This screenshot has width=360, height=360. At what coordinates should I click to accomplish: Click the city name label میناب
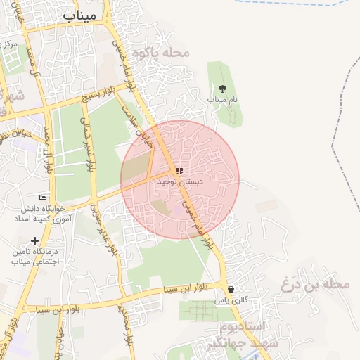click(79, 15)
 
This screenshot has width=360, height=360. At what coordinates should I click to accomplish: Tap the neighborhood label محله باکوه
click(167, 53)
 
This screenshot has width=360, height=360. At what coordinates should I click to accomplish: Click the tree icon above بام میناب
click(223, 89)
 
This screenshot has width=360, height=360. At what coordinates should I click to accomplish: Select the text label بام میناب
click(222, 101)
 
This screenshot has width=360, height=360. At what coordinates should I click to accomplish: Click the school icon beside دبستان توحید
click(180, 171)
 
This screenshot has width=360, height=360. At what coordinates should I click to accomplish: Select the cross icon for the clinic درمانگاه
click(34, 241)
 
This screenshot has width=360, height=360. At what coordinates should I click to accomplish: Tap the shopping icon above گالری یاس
click(231, 289)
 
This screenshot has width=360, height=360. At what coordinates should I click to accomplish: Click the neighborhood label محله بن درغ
click(314, 285)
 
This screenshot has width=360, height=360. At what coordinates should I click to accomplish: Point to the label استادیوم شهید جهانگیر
click(243, 335)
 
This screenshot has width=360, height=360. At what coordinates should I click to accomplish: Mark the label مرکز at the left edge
click(9, 44)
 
